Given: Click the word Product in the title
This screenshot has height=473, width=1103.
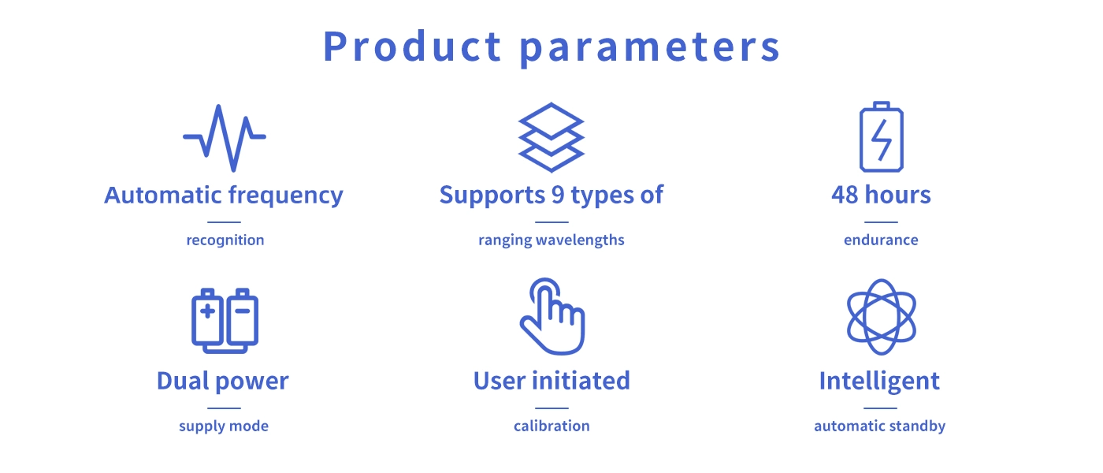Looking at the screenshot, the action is (412, 47).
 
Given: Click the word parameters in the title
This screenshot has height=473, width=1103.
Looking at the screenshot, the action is (650, 49).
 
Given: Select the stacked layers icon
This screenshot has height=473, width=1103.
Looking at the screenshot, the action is (551, 137).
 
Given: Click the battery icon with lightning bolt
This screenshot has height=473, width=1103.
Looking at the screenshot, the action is (882, 136).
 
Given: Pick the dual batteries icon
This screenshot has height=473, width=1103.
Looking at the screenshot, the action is (225, 321).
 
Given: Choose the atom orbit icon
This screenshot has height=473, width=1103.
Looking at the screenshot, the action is (882, 317).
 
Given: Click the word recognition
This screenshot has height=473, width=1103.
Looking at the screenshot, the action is (225, 240).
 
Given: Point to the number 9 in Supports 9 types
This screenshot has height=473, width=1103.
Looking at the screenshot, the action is (558, 195).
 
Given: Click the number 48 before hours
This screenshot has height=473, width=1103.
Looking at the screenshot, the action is (845, 195).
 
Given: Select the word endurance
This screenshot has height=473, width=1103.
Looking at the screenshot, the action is (881, 240).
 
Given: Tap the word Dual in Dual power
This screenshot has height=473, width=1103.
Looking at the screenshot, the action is (183, 381).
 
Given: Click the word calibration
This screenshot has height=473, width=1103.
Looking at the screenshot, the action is (551, 426).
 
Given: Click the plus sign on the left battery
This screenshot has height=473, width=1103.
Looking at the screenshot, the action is (208, 311).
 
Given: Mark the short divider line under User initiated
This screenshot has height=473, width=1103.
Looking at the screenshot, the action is (551, 408).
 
